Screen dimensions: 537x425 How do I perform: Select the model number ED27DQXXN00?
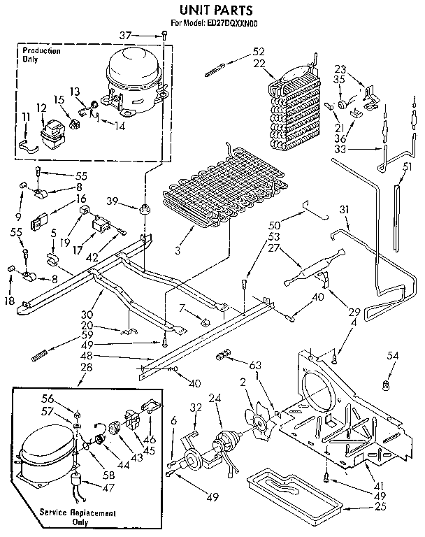coord(224,23)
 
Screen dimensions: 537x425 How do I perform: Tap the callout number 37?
coord(144,35)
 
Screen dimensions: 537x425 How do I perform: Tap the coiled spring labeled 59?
coord(43,356)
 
